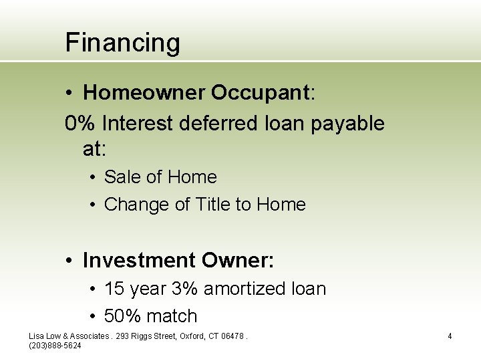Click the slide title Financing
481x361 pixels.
122,43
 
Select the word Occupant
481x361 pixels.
261,93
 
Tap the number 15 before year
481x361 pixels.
115,289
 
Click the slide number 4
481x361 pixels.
450,336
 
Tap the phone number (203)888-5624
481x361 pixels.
55,345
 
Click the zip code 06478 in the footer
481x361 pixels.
232,336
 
